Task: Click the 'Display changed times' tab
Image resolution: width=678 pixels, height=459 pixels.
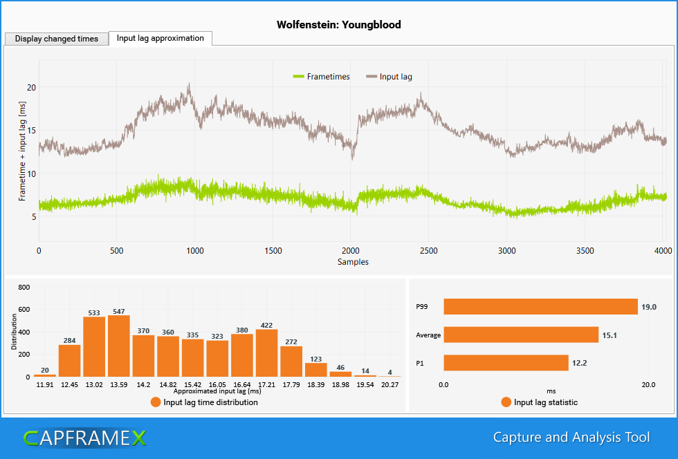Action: click(57, 39)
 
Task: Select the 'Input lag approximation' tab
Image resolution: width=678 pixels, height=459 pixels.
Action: click(160, 38)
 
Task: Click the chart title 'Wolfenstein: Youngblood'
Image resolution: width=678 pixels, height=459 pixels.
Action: click(338, 25)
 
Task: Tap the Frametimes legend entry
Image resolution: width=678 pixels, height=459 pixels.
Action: click(322, 77)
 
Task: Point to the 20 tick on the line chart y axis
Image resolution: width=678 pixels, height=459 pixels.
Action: click(31, 87)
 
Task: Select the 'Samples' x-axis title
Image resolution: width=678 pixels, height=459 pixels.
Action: click(353, 262)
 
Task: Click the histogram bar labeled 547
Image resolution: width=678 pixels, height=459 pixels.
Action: click(119, 346)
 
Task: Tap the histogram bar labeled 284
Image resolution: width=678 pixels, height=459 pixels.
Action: click(69, 360)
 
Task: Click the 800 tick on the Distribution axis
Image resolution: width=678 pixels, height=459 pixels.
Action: click(24, 287)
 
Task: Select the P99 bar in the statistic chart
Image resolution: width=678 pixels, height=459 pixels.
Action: click(540, 306)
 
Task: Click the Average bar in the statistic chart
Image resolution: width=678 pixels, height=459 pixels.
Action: click(520, 335)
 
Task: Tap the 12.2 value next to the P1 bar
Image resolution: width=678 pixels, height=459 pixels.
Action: click(579, 363)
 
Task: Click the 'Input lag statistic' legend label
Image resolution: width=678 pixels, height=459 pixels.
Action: click(545, 402)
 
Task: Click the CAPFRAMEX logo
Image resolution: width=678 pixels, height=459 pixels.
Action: click(84, 438)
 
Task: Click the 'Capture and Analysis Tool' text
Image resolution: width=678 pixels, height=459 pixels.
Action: click(571, 438)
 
